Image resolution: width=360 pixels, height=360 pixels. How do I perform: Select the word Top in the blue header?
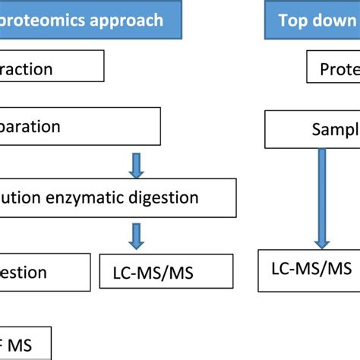tap(293, 20)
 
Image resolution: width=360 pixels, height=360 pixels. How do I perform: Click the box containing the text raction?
tap(52, 68)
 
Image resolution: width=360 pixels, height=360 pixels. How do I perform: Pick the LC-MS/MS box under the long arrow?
tap(308, 270)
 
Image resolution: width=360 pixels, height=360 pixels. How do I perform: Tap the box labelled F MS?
tap(26, 343)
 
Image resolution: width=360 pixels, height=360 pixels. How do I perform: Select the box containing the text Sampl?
tap(311, 129)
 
